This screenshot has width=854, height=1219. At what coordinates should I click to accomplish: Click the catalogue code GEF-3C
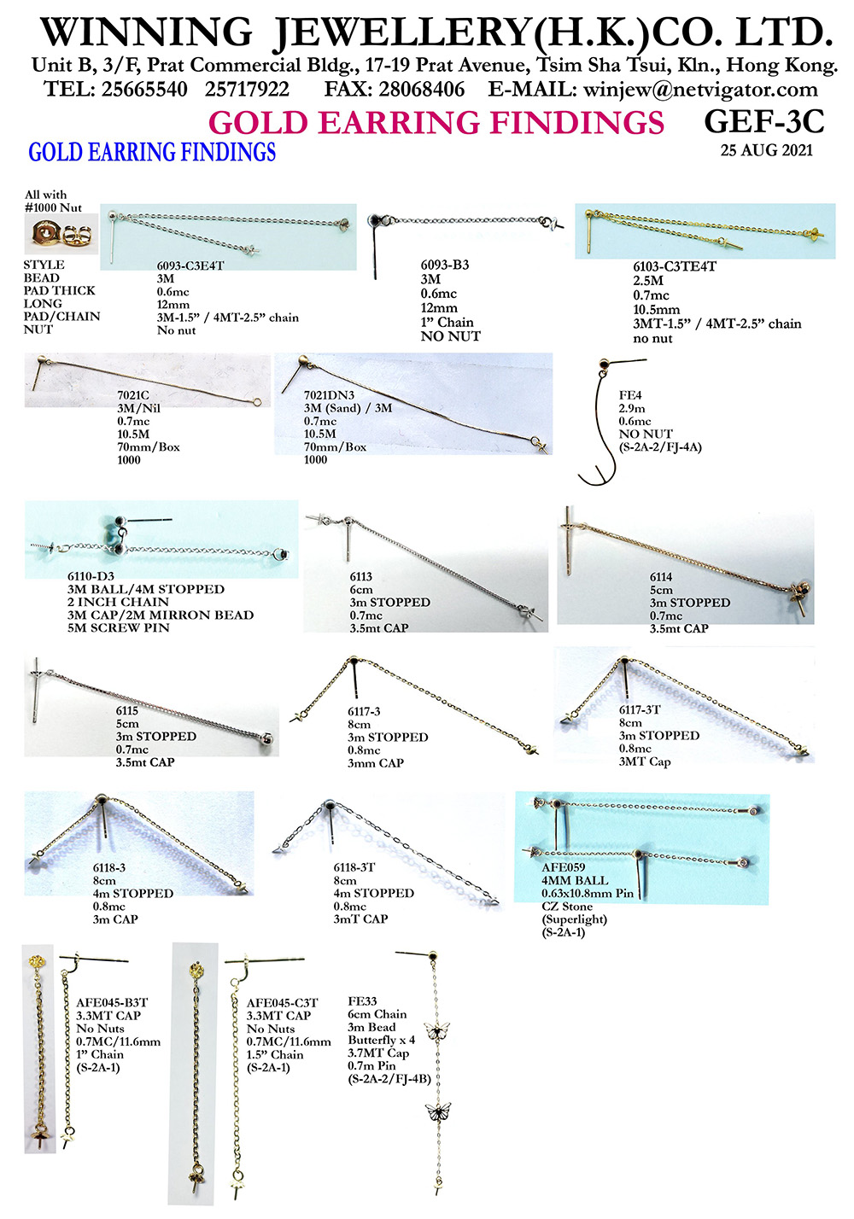click(763, 122)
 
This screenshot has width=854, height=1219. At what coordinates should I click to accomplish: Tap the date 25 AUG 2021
click(766, 150)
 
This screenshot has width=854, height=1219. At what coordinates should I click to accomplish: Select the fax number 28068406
click(422, 90)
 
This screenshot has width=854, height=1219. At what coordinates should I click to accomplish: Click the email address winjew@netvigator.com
click(700, 90)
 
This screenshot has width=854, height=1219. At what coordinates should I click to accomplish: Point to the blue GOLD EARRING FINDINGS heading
click(152, 152)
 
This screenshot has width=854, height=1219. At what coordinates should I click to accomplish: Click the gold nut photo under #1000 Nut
click(61, 234)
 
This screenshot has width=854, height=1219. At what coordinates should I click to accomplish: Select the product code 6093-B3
click(444, 265)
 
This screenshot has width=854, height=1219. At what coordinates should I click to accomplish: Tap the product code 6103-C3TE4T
click(674, 266)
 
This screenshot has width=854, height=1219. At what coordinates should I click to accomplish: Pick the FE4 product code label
click(629, 395)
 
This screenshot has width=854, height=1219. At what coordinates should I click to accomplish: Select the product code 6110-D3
click(91, 576)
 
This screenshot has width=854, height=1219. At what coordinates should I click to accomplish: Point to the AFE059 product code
click(563, 867)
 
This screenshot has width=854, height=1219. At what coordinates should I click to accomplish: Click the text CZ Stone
click(566, 906)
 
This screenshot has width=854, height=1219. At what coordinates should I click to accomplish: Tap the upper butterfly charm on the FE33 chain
click(437, 1029)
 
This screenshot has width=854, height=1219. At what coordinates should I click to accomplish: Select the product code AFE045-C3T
click(282, 1003)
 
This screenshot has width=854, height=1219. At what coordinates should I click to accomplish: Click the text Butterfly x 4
click(381, 1040)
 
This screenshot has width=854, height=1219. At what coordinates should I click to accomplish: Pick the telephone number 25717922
click(247, 90)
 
